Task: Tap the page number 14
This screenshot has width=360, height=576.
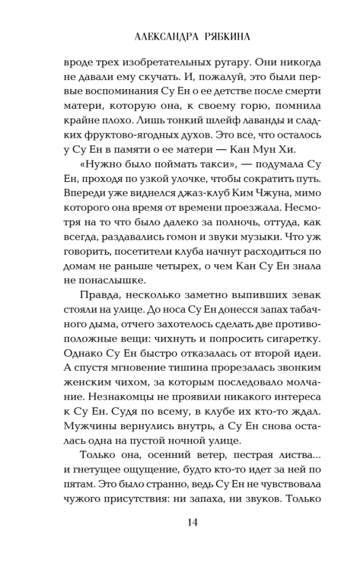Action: (180, 538)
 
